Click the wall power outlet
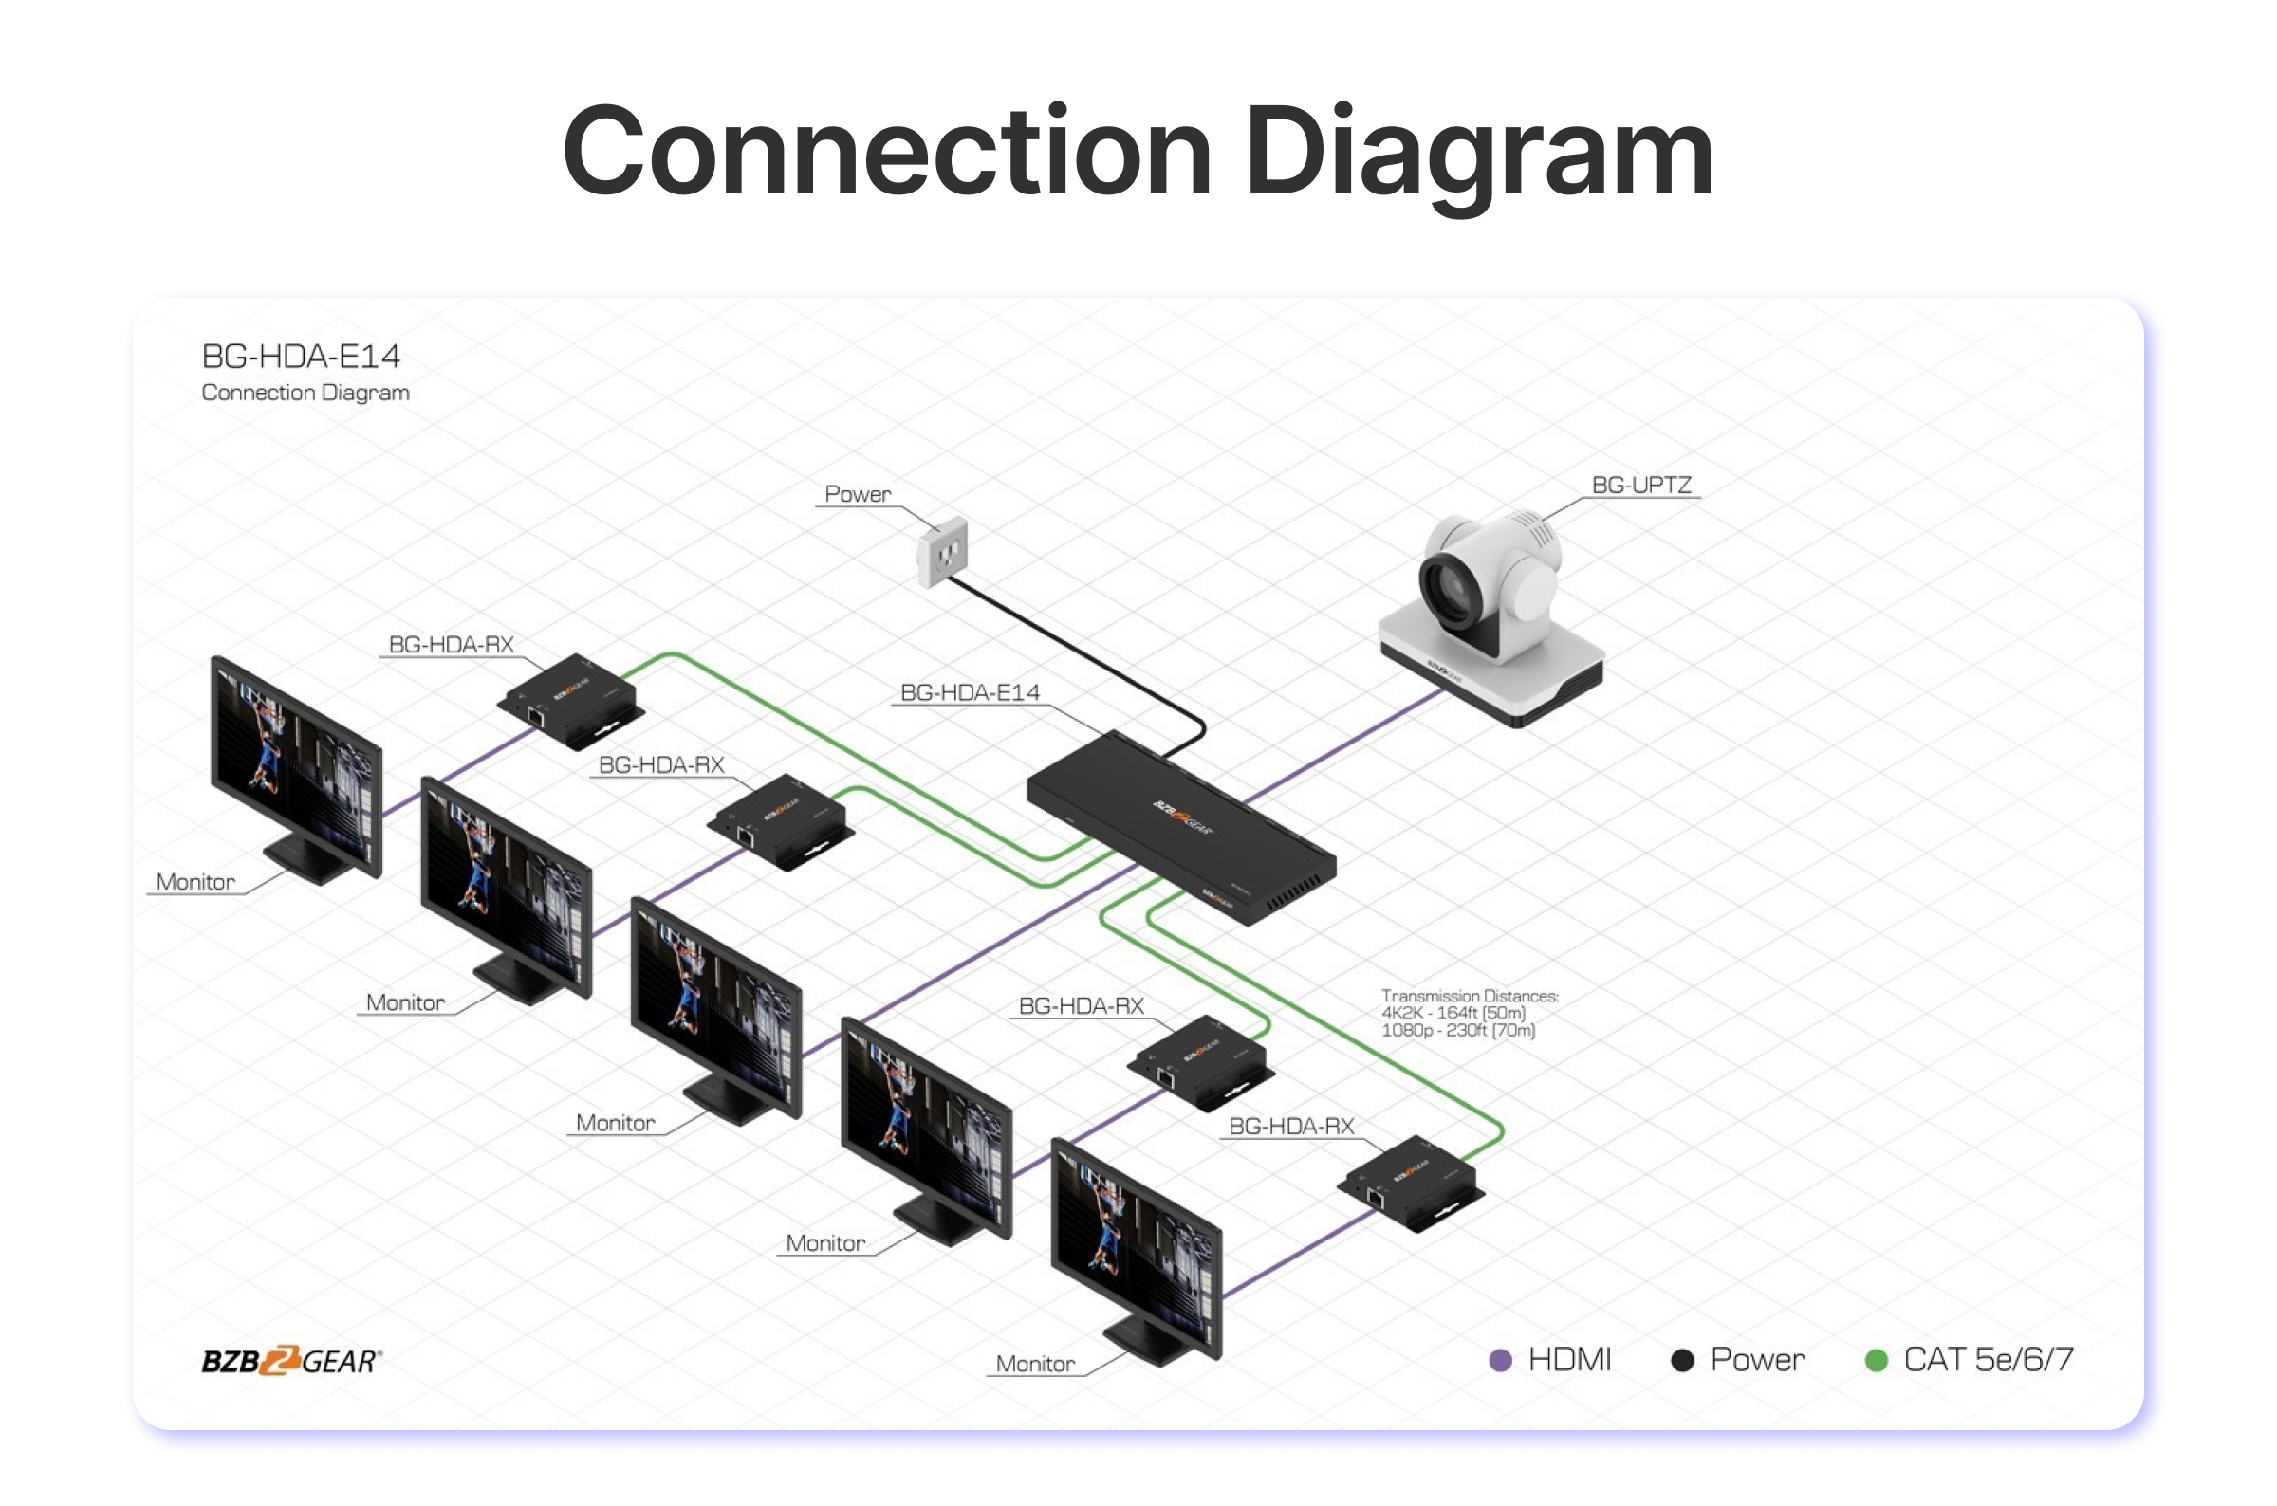[x=942, y=551]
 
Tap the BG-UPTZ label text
[x=1641, y=485]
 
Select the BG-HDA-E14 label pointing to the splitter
[x=970, y=692]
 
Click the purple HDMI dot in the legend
[x=1500, y=1360]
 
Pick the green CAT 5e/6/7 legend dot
[x=1876, y=1360]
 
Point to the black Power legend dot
[x=1682, y=1360]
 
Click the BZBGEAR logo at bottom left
[x=291, y=1361]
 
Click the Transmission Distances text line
[x=1469, y=996]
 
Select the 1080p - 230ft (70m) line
[x=1457, y=1031]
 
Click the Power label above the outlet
[x=857, y=494]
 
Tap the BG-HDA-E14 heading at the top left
[x=301, y=357]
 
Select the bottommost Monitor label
[x=1035, y=1364]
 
